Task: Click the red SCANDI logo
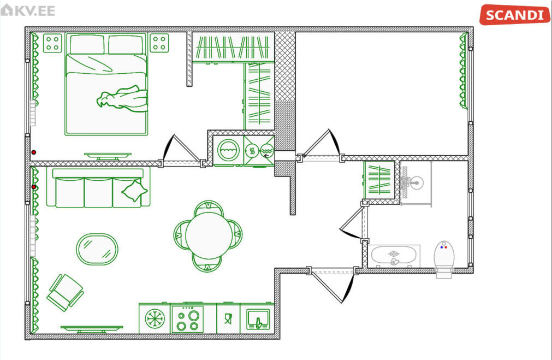pos(514,15)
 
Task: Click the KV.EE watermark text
pos(28,10)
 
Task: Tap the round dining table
pos(209,235)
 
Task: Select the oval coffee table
pos(97,249)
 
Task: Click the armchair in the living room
pos(65,293)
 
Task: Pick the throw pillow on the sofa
pos(134,191)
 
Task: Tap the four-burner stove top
pos(187,319)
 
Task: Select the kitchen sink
pos(258,320)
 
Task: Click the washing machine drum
pos(228,150)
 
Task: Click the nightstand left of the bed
pos(52,43)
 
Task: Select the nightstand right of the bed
pos(159,43)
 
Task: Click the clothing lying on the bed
pos(122,99)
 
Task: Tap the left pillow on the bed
pos(87,44)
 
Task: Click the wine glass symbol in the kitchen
pos(228,319)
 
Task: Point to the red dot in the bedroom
pos(34,152)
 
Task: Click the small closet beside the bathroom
pos(379,180)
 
